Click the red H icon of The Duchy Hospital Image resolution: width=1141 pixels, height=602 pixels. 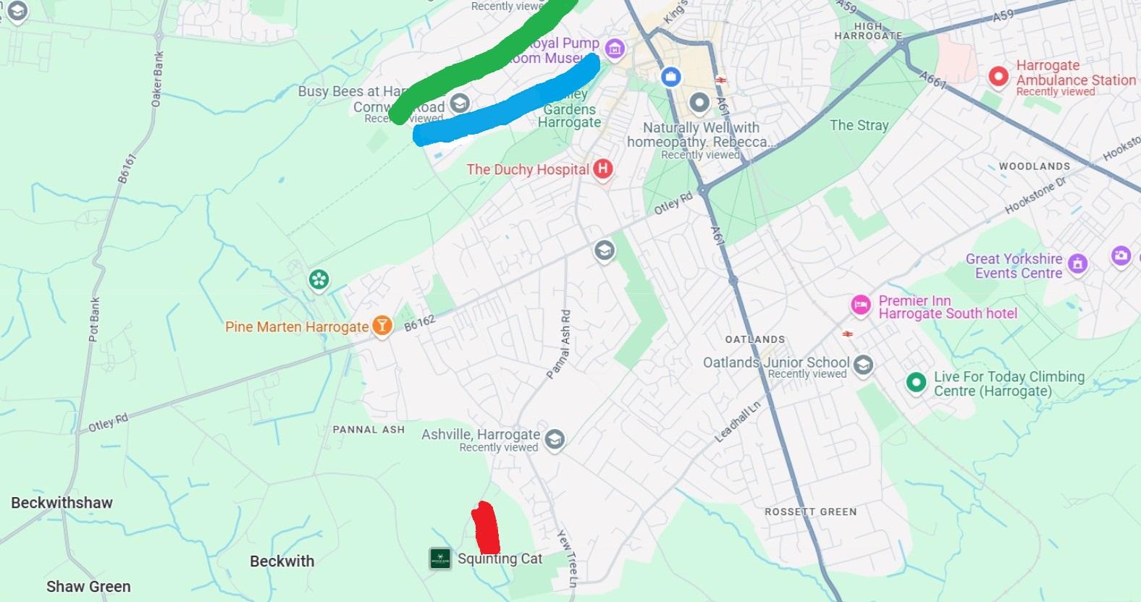tap(602, 169)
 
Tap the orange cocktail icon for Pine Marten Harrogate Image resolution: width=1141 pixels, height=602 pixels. tap(382, 326)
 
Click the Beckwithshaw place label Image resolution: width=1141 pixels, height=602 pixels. tap(62, 502)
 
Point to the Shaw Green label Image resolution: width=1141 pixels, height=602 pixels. tap(88, 586)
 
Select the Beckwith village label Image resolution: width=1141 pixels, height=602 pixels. tap(282, 561)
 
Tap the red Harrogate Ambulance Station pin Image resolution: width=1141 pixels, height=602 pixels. tap(998, 77)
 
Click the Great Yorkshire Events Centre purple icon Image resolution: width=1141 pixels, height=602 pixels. tap(1077, 264)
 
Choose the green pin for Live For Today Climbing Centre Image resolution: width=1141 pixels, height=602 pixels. tap(916, 383)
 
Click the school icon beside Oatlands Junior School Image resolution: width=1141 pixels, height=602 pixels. tap(862, 365)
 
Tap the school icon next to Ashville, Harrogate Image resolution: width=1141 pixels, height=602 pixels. tap(555, 439)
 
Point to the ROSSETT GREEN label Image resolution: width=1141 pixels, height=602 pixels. tap(810, 512)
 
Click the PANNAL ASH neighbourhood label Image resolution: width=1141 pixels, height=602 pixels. tap(369, 429)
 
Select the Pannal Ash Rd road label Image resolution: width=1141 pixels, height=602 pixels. tap(558, 344)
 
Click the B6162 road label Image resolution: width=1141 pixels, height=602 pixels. tap(420, 323)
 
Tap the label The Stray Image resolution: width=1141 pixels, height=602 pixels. tap(859, 125)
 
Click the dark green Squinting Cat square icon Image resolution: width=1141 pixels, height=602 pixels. tap(440, 558)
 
